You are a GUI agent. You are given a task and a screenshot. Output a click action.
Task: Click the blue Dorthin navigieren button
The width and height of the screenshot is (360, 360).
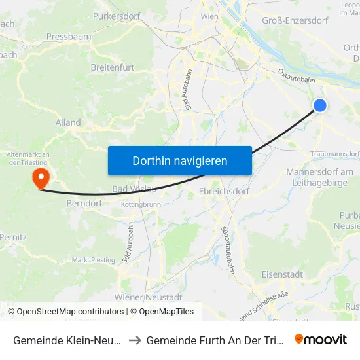pyautogui.click(x=179, y=160)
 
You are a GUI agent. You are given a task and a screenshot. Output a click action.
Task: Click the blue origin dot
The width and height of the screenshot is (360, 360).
pyautogui.click(x=320, y=105)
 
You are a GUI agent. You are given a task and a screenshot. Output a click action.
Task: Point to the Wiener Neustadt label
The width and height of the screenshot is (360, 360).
pyautogui.click(x=147, y=297)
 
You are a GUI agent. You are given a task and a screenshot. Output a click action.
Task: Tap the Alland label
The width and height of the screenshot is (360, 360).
pyautogui.click(x=68, y=122)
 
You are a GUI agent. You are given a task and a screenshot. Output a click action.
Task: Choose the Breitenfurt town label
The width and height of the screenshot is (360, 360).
pyautogui.click(x=112, y=67)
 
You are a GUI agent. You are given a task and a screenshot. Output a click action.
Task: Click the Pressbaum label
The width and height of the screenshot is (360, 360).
pyautogui.click(x=69, y=37)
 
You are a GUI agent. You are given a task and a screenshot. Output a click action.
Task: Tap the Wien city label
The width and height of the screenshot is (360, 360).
pyautogui.click(x=209, y=16)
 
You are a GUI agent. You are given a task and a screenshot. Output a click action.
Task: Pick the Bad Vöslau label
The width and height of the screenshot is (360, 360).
pyautogui.click(x=134, y=189)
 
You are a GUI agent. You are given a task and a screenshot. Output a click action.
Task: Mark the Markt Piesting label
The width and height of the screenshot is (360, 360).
pyautogui.click(x=93, y=260)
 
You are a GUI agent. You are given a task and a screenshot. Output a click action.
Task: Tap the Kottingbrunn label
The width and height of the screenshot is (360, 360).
pyautogui.click(x=141, y=205)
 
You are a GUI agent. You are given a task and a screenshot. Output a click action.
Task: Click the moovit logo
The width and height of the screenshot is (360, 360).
pyautogui.click(x=321, y=340)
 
